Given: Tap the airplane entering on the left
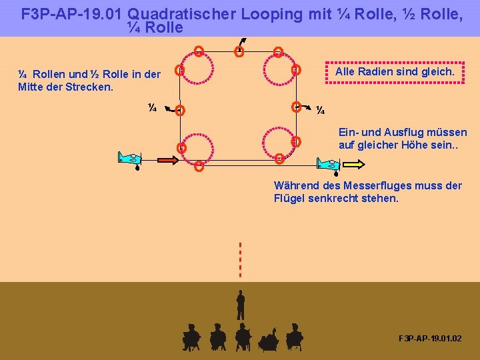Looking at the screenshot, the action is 131,159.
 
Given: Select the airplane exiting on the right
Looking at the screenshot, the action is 328,163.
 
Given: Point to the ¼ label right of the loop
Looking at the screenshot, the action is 320,110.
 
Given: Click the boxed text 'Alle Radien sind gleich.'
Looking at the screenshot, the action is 395,71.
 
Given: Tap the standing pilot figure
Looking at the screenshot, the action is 241,305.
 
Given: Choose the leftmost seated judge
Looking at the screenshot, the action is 191,337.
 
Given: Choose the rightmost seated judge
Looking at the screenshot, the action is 294,337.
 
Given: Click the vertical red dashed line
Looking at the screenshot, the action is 240,259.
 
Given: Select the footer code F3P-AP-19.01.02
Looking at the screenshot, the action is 429,339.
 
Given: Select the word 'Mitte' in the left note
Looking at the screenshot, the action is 32,87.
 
